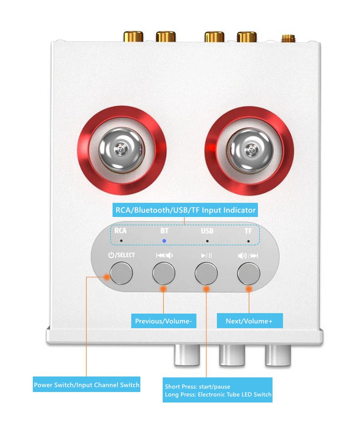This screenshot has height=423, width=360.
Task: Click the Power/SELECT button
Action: pyautogui.click(x=121, y=273)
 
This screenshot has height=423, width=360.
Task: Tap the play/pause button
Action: pyautogui.click(x=206, y=273)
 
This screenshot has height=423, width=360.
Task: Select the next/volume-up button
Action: pyautogui.click(x=249, y=273)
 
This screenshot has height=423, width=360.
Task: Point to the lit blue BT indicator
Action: pyautogui.click(x=164, y=241)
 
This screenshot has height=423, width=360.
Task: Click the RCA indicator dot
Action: pyautogui.click(x=121, y=240)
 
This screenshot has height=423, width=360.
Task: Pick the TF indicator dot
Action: pyautogui.click(x=248, y=241)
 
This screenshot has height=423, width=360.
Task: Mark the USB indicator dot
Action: pyautogui.click(x=207, y=241)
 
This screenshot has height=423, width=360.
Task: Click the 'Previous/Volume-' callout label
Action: pyautogui.click(x=164, y=321)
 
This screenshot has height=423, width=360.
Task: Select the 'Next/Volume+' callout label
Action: pyautogui.click(x=250, y=321)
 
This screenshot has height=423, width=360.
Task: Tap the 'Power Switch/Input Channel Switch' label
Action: pyautogui.click(x=87, y=384)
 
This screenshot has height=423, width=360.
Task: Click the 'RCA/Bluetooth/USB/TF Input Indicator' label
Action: pyautogui.click(x=185, y=210)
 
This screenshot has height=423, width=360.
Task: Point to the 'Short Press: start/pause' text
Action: pyautogui.click(x=198, y=387)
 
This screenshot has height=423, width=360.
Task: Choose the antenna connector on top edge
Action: pyautogui.click(x=288, y=39)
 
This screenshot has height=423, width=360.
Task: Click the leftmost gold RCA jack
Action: pyautogui.click(x=134, y=36)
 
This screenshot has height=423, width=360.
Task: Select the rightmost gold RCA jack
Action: pyautogui.click(x=247, y=36)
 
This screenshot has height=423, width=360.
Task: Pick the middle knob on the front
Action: pyautogui.click(x=232, y=355)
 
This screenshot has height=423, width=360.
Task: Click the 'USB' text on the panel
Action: pyautogui.click(x=207, y=231)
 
